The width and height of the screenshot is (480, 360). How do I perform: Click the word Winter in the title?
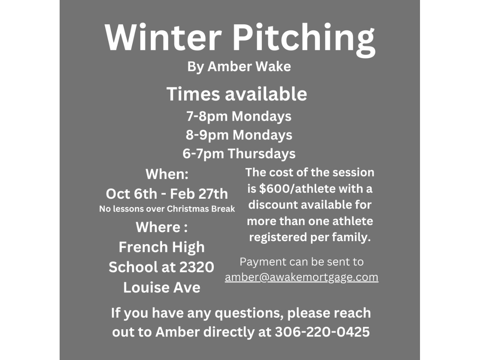(x=163, y=37)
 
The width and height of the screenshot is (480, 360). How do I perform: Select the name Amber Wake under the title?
(x=249, y=66)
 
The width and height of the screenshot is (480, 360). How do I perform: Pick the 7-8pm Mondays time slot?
(x=239, y=116)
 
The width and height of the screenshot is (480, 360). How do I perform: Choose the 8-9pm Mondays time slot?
(x=239, y=135)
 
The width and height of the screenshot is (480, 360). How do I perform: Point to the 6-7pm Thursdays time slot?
(x=239, y=153)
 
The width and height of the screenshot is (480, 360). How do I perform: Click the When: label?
(x=167, y=174)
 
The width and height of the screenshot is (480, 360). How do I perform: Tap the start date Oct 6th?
(x=131, y=194)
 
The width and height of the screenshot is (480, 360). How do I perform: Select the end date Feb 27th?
(x=199, y=194)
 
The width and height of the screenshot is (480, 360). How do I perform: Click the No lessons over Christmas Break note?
(x=167, y=209)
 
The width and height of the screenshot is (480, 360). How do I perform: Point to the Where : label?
(x=162, y=227)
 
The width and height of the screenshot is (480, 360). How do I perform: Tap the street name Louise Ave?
(x=162, y=287)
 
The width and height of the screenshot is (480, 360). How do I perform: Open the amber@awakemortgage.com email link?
(x=301, y=277)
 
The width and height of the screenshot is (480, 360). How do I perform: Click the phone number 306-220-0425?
(x=322, y=332)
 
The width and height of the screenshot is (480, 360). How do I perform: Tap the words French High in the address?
(x=162, y=247)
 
